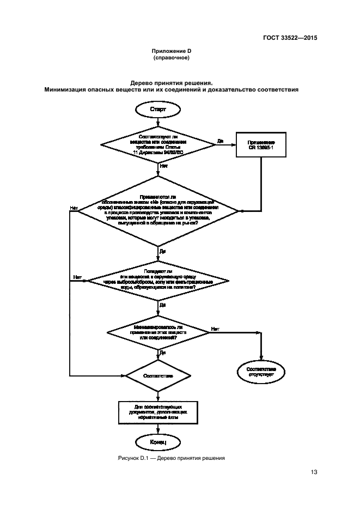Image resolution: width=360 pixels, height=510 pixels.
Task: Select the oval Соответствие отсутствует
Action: [x=261, y=372]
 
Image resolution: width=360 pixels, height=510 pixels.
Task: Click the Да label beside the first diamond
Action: [x=220, y=141]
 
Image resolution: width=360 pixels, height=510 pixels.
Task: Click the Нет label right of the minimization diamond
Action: [x=215, y=328]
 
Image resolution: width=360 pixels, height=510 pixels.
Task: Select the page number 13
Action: [x=314, y=472]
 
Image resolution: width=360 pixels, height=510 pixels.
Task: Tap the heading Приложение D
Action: [x=171, y=51]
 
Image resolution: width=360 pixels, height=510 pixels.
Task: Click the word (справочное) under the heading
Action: [x=171, y=58]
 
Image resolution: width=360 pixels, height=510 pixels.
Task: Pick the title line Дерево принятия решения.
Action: [x=171, y=83]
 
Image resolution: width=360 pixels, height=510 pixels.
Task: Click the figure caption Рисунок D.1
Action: [x=171, y=458]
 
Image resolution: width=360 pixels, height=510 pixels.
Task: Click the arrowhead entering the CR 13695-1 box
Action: [x=234, y=144]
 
